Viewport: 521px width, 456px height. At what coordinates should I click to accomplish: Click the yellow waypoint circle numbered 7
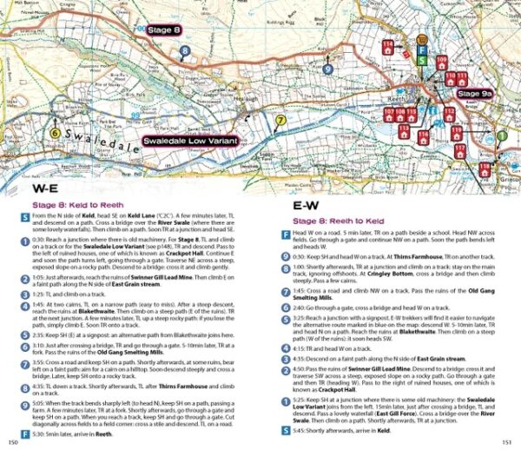280,119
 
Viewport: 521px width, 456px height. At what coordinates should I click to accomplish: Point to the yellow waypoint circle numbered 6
56,133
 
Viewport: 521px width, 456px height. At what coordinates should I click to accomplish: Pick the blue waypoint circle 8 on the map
185,51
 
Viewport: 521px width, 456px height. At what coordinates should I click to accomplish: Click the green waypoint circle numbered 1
502,135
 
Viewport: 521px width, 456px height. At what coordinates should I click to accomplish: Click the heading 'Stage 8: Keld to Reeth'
80,206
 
